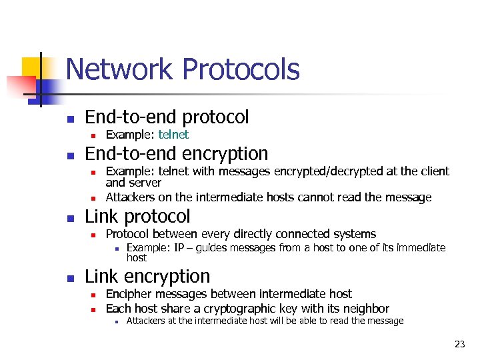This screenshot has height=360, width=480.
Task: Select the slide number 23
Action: pos(459,344)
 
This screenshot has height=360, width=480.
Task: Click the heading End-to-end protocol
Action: pos(167,117)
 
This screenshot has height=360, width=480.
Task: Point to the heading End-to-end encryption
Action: pos(176,154)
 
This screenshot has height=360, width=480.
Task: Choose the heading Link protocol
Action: pos(137,217)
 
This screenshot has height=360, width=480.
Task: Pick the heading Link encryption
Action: pos(147,277)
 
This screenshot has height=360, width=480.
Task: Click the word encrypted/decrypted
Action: pos(329,171)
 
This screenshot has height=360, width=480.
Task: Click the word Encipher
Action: pos(127,294)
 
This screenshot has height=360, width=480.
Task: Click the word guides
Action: pos(215,248)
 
